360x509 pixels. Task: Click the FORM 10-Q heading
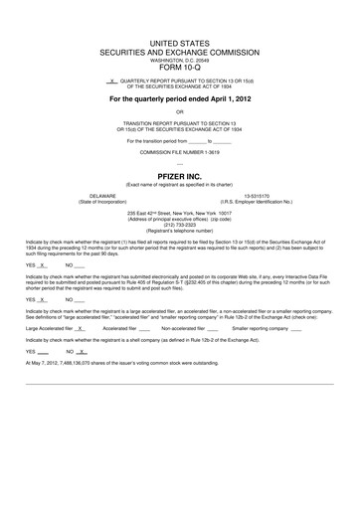pos(179,68)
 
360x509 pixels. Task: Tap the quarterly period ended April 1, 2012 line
pos(179,100)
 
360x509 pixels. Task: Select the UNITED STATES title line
pos(179,44)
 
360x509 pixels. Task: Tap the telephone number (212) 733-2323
pos(179,224)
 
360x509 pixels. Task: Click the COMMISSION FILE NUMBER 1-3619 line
pos(179,153)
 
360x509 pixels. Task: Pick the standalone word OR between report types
pos(179,112)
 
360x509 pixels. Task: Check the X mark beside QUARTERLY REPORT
pos(113,80)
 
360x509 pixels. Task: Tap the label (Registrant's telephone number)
pos(179,230)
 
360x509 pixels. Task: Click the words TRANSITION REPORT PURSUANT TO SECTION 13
pos(179,123)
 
